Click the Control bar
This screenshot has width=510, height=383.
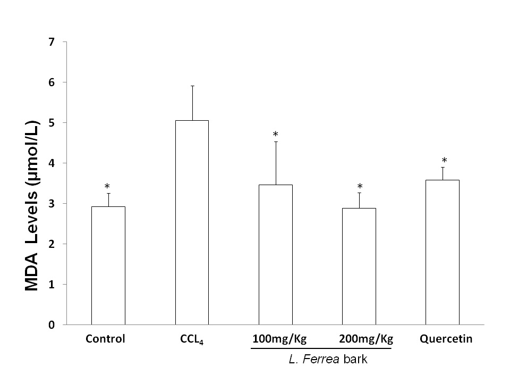pos(108,265)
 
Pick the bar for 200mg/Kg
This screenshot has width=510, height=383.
pos(359,266)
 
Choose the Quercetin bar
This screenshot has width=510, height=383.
pos(443,252)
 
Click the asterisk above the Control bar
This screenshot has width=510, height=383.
pos(107,187)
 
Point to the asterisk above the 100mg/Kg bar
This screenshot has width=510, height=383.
pos(276,134)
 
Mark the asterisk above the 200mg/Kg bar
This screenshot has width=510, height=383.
pos(360,187)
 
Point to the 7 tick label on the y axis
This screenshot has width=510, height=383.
pos(51,42)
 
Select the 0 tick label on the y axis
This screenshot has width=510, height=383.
pos(51,324)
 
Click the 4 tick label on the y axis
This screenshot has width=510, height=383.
pos(51,163)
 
